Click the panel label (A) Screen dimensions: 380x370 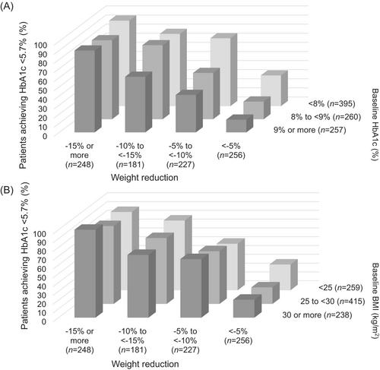pos(7,6)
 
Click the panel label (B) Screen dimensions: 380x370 pos(7,189)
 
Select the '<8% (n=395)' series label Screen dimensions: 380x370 pos(332,103)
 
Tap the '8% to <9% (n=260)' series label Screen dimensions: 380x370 pos(326,117)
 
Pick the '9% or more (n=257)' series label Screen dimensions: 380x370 pos(309,130)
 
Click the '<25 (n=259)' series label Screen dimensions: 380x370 pos(340,288)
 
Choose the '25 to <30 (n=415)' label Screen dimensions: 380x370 pos(333,301)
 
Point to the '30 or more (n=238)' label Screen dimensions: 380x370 pos(317,315)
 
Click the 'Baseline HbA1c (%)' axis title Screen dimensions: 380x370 pos(375,125)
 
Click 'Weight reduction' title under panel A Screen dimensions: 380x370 pos(144,177)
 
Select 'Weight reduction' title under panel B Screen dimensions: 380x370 pos(145,364)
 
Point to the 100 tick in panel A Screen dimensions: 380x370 pos(40,46)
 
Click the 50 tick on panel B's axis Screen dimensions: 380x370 pos(43,277)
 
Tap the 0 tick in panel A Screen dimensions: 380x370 pos(45,136)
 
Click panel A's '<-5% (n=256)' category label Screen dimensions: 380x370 pos(231,150)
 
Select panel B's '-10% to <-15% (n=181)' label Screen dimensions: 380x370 pos(132,340)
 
